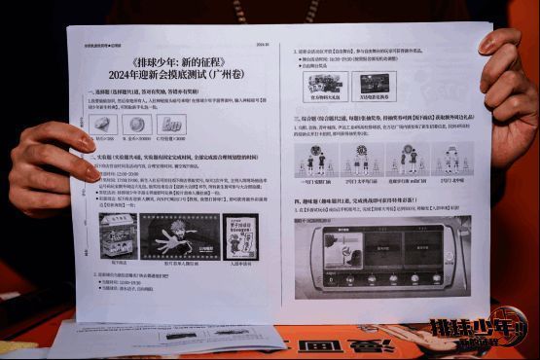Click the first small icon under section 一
[x=103, y=125]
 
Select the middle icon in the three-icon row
[x=137, y=125]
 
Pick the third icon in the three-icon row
[x=172, y=125]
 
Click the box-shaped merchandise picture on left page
[x=118, y=235]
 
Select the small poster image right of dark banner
[x=240, y=235]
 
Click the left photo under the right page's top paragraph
[x=325, y=83]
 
